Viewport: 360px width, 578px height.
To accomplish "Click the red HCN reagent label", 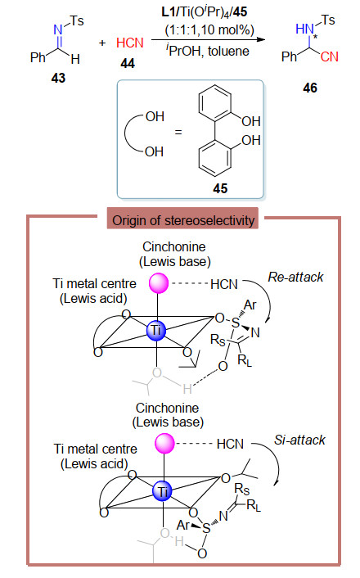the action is pos(130,43).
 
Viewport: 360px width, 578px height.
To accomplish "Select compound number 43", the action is pos(58,78).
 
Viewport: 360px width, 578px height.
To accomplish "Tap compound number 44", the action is pos(128,63).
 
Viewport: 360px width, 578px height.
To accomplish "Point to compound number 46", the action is pos(310,88).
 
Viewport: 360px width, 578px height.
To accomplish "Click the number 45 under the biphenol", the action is pos(220,188).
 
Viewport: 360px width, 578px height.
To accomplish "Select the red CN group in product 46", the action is pos(329,56).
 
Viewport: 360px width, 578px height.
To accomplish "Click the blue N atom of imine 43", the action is pos(58,29).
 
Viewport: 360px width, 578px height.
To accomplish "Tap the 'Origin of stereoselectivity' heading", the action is pos(183,220).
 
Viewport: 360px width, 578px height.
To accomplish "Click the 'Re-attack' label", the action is pos(295,277).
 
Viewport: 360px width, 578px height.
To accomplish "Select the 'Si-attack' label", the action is pos(299,440).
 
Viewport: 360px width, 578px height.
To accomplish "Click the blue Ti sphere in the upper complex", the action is pos(156,330).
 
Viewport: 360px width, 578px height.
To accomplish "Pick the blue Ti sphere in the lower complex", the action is pos(163,491).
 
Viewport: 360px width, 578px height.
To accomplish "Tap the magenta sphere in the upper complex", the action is pos(159,283).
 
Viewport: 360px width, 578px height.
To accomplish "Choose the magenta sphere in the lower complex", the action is pos(164,443).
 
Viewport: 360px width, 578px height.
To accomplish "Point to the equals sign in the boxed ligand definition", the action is pos(178,132).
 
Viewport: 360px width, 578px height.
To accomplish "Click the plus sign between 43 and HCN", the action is pos(102,43).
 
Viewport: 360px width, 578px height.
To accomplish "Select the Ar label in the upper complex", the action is pos(250,305).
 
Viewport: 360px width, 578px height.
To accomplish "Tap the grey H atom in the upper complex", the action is pos(187,389).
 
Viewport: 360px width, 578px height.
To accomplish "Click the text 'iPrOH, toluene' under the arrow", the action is pos(208,51).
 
